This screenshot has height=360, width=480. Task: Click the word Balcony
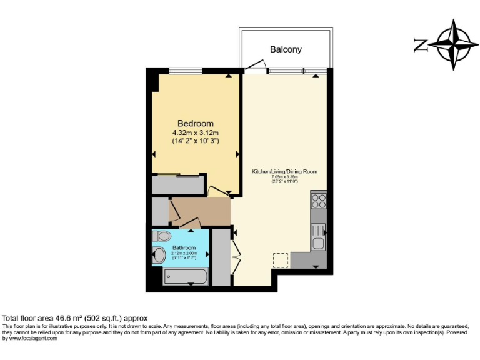click(286, 49)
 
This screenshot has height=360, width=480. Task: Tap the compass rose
click(453, 44)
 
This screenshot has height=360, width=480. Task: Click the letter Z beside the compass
click(421, 45)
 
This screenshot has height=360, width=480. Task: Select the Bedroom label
click(195, 123)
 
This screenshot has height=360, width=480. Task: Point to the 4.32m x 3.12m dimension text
click(195, 132)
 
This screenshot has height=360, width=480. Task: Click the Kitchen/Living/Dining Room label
click(284, 171)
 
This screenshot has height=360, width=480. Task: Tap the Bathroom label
click(184, 248)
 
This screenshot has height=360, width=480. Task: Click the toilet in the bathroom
click(162, 237)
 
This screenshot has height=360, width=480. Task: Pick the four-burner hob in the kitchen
click(319, 201)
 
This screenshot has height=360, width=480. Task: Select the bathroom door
click(189, 222)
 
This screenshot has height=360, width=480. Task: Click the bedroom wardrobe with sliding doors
click(178, 184)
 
